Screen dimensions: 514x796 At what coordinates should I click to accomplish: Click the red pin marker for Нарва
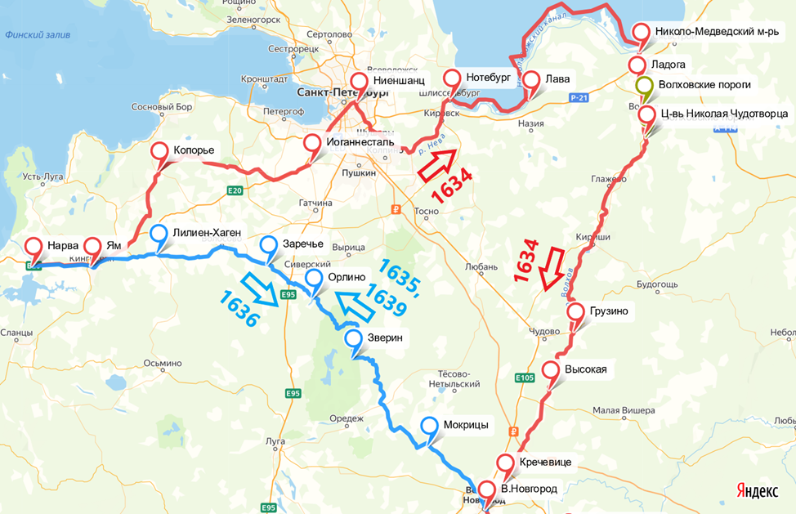pyautogui.click(x=33, y=245)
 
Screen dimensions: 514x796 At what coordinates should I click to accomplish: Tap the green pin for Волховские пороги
pyautogui.click(x=644, y=86)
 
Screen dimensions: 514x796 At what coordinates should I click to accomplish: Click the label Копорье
pyautogui.click(x=194, y=151)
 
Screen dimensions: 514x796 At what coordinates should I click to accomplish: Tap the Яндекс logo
pyautogui.click(x=755, y=490)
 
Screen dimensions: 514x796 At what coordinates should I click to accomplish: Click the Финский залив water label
pyautogui.click(x=38, y=35)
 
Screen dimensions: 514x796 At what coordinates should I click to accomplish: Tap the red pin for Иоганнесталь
pyautogui.click(x=312, y=144)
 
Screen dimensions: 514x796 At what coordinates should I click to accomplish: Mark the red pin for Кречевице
pyautogui.click(x=506, y=463)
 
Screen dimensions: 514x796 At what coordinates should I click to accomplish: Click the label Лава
pyautogui.click(x=558, y=79)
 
